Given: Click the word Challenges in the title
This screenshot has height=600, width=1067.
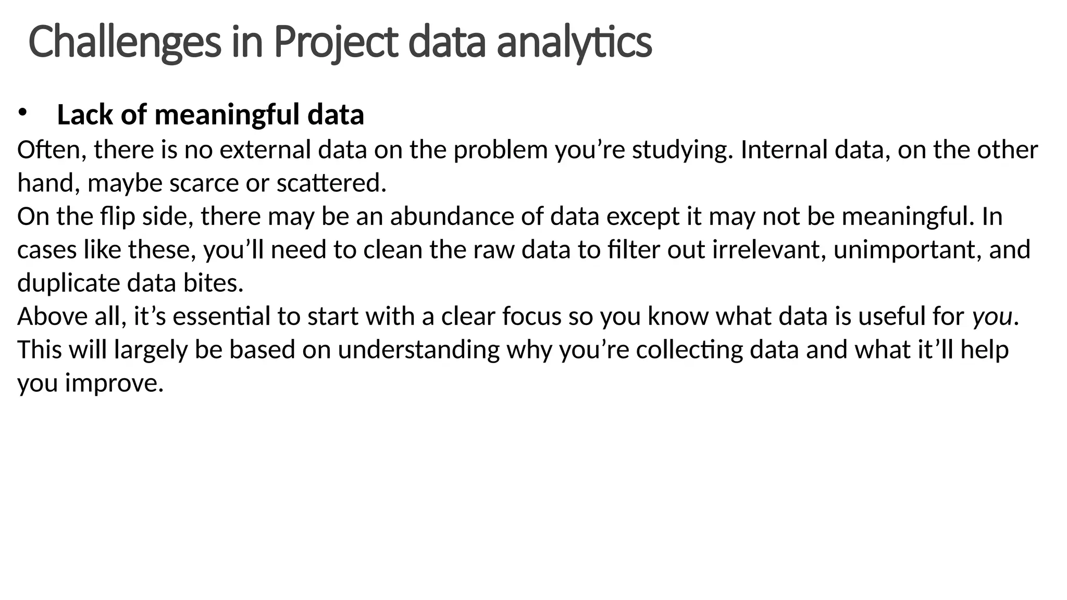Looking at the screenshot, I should coord(125,43).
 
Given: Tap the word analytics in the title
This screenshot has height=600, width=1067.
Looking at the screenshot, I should coord(574,43).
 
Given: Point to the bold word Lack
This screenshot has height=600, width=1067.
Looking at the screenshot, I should coord(85,115).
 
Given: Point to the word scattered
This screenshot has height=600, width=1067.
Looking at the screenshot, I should coord(331,183).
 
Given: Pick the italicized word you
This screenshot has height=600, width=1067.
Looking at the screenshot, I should coord(992,317).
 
